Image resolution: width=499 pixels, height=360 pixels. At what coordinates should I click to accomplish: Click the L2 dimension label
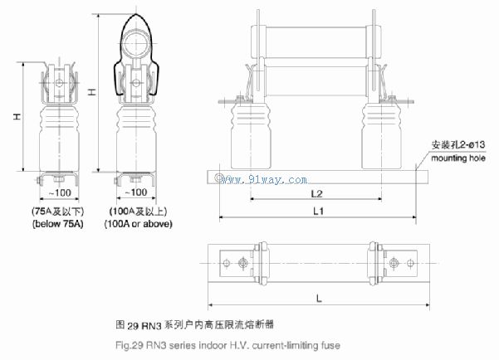pyautogui.click(x=316, y=193)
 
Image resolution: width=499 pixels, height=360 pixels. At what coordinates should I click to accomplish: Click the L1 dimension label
pyautogui.click(x=318, y=211)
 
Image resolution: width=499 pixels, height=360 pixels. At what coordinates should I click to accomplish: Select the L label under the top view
pyautogui.click(x=319, y=299)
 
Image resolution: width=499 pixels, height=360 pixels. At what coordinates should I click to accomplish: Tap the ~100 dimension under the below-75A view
pyautogui.click(x=60, y=192)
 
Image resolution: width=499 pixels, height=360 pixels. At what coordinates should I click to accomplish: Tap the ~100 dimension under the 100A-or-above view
pyautogui.click(x=136, y=192)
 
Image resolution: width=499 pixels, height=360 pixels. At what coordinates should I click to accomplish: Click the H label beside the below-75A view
pyautogui.click(x=17, y=116)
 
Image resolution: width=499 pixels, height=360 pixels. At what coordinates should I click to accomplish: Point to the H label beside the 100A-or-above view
pyautogui.click(x=92, y=92)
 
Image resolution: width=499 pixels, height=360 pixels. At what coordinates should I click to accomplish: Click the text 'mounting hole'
pyautogui.click(x=458, y=158)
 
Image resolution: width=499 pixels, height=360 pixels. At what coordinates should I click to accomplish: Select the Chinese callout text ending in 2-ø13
pyautogui.click(x=458, y=144)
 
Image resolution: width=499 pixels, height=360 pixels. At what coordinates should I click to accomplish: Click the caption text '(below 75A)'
pyautogui.click(x=58, y=224)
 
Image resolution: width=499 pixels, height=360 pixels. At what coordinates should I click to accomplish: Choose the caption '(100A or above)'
pyautogui.click(x=138, y=224)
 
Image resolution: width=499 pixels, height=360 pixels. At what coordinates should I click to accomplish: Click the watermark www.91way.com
pyautogui.click(x=261, y=179)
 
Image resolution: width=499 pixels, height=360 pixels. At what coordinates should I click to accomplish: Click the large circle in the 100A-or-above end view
pyautogui.click(x=136, y=44)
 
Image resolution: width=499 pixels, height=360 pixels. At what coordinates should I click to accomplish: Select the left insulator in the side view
pyautogui.click(x=251, y=135)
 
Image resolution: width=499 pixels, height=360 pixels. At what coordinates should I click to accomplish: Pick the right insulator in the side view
pyautogui.click(x=382, y=135)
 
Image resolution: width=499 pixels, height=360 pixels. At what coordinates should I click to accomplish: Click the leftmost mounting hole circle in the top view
pyautogui.click(x=227, y=263)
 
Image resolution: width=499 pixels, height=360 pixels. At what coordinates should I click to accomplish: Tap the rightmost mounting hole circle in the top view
pyautogui.click(x=410, y=263)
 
